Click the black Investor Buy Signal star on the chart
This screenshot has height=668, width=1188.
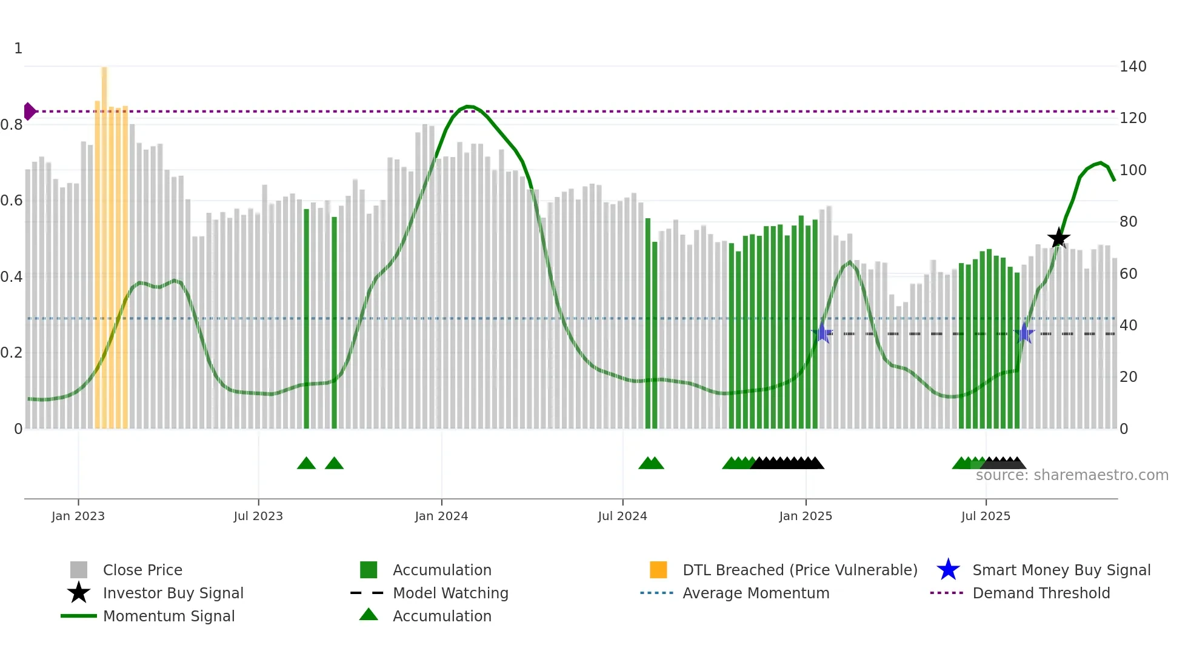click(x=1058, y=238)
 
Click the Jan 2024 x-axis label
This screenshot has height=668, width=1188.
click(x=441, y=516)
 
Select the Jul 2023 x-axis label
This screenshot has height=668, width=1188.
click(x=258, y=516)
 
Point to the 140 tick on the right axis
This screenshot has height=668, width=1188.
click(x=1132, y=67)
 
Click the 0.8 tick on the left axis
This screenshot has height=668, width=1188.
click(x=12, y=125)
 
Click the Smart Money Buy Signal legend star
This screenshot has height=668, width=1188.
click(x=948, y=570)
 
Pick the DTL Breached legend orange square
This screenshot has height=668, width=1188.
click(x=658, y=570)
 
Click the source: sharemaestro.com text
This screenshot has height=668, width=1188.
click(x=1072, y=475)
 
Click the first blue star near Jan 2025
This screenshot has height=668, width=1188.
click(x=823, y=333)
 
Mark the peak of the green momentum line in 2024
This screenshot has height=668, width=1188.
click(x=468, y=107)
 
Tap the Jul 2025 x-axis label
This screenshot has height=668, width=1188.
click(x=986, y=516)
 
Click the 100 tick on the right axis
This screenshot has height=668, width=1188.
click(x=1132, y=170)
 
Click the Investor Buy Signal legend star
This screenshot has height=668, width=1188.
click(x=79, y=593)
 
